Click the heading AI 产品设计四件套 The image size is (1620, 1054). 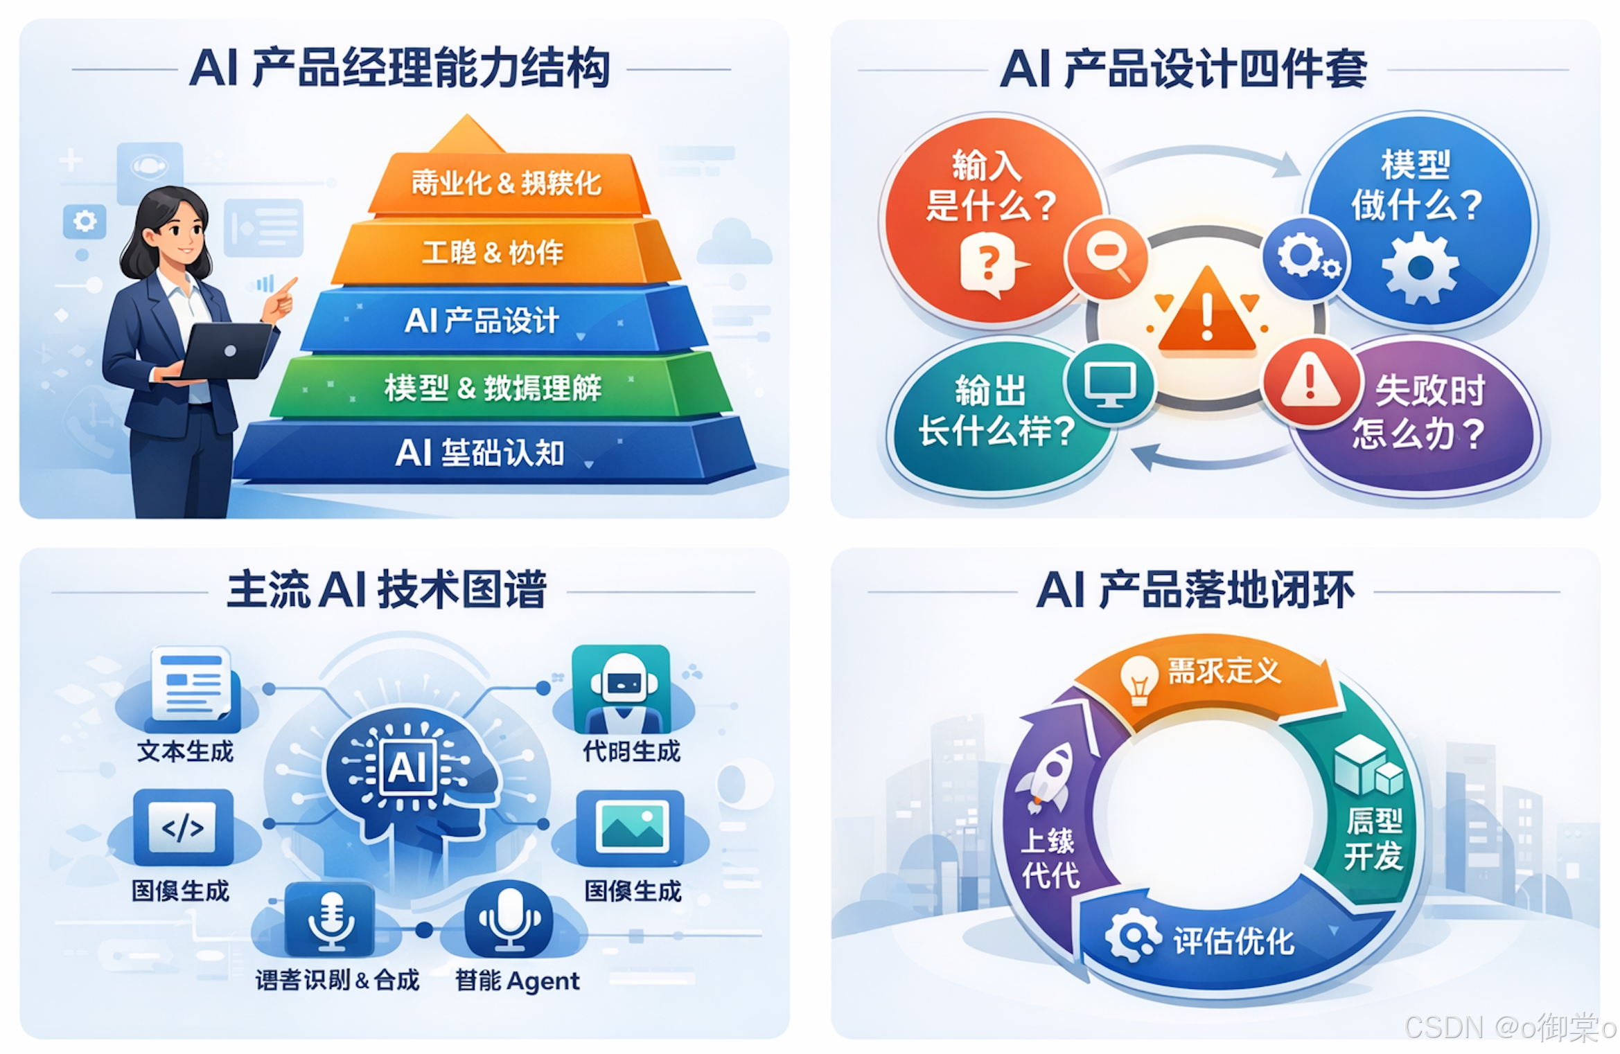pyautogui.click(x=1183, y=69)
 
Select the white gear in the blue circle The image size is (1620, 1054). pyautogui.click(x=1420, y=268)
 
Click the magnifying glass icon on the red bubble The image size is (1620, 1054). pyautogui.click(x=1107, y=258)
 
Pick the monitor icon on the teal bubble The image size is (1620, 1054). pyautogui.click(x=1109, y=384)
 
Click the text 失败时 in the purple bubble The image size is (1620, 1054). pyautogui.click(x=1429, y=391)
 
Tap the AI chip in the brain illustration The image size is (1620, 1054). pyautogui.click(x=408, y=767)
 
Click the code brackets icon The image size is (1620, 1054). pyautogui.click(x=183, y=827)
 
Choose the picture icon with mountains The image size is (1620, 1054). pyautogui.click(x=632, y=827)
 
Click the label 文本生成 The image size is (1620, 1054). pyautogui.click(x=186, y=751)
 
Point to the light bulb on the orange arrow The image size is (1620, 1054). pyautogui.click(x=1138, y=678)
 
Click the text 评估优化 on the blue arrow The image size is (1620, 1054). pyautogui.click(x=1233, y=941)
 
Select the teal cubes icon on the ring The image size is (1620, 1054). pyautogui.click(x=1367, y=765)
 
